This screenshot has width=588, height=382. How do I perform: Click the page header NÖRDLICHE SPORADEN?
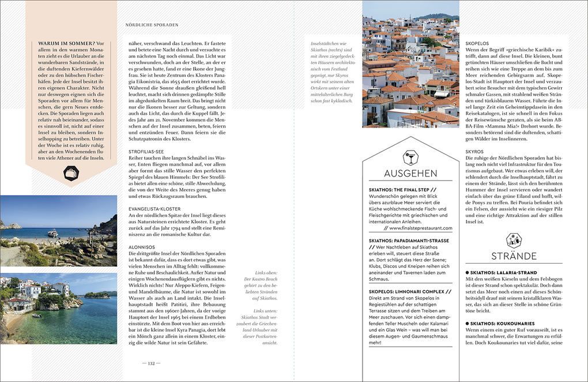click(x=152, y=25)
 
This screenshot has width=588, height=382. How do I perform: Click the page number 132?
click(x=151, y=363)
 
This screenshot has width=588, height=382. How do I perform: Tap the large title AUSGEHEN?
click(x=410, y=174)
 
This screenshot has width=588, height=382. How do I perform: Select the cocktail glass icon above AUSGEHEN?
click(x=410, y=156)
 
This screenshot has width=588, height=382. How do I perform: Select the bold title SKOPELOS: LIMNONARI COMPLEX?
click(x=409, y=292)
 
